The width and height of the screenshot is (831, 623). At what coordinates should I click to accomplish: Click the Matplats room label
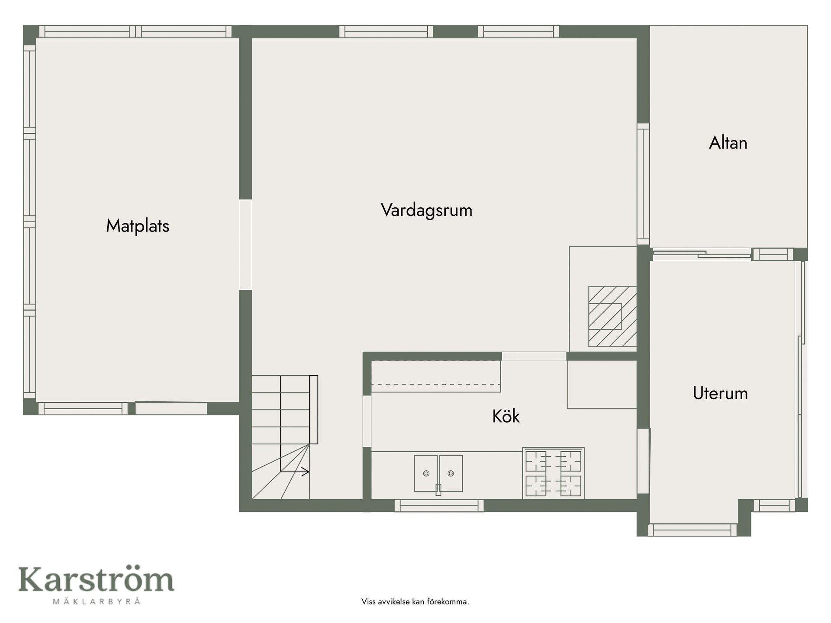click(138, 226)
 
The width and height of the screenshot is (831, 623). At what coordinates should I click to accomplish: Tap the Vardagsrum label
click(427, 210)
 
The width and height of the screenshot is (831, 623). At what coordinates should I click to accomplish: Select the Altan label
click(728, 143)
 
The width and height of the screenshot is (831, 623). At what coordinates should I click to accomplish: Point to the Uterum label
click(720, 393)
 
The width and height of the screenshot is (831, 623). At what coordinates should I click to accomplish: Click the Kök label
click(506, 416)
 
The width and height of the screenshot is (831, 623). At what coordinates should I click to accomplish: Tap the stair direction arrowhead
click(305, 472)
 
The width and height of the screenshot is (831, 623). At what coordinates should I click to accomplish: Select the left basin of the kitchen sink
click(426, 473)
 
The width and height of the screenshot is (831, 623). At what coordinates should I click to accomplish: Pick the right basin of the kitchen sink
click(451, 473)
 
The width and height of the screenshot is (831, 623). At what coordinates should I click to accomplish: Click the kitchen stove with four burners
click(554, 473)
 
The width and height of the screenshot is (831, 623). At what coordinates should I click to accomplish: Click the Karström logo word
click(96, 579)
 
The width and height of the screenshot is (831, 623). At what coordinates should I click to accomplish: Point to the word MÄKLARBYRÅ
click(96, 601)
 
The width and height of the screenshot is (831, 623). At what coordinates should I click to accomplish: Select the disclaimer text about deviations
click(415, 601)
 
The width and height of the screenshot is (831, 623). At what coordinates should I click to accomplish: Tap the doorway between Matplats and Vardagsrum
click(245, 244)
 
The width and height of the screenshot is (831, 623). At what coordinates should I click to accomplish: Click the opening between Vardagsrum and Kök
click(534, 356)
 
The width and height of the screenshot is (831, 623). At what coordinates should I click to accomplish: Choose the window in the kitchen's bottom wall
click(439, 505)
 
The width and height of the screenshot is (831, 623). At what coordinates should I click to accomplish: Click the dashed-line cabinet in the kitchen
click(436, 376)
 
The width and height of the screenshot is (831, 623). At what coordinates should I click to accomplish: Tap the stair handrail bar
click(314, 410)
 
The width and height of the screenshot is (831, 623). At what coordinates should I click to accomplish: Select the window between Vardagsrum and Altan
click(643, 184)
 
